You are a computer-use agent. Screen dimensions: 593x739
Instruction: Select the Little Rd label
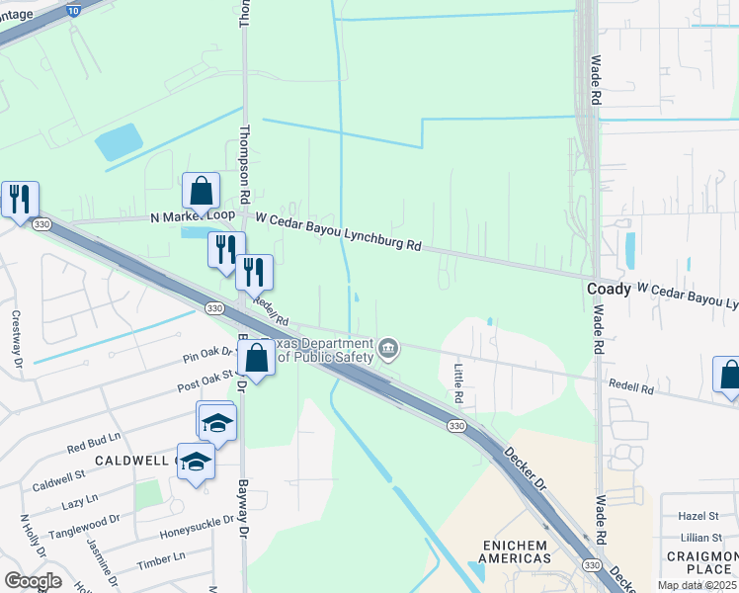tap(458, 382)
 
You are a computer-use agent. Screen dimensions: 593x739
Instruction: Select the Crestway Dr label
tap(16, 338)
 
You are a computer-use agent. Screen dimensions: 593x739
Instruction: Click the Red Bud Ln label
tap(94, 442)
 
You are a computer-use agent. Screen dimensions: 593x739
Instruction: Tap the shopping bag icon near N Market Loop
tap(201, 191)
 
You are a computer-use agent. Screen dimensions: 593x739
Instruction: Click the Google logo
tap(33, 580)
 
